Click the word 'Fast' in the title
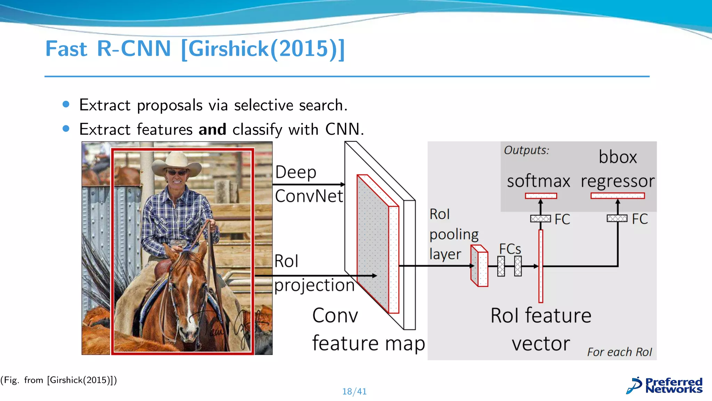[66, 49]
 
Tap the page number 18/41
[354, 392]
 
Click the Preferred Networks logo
[664, 386]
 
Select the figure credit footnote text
[58, 380]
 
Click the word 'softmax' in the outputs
[538, 181]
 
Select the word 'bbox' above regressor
[617, 157]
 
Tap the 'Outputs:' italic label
[526, 150]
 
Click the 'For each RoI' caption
[620, 352]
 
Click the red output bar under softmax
[541, 196]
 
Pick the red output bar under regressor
[617, 196]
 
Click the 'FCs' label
[510, 249]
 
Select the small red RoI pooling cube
[479, 266]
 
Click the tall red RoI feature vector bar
[541, 266]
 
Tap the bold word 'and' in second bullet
[212, 129]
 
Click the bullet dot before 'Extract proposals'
[66, 104]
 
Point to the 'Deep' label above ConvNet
[296, 172]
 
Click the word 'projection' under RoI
[314, 285]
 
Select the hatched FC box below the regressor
[617, 218]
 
